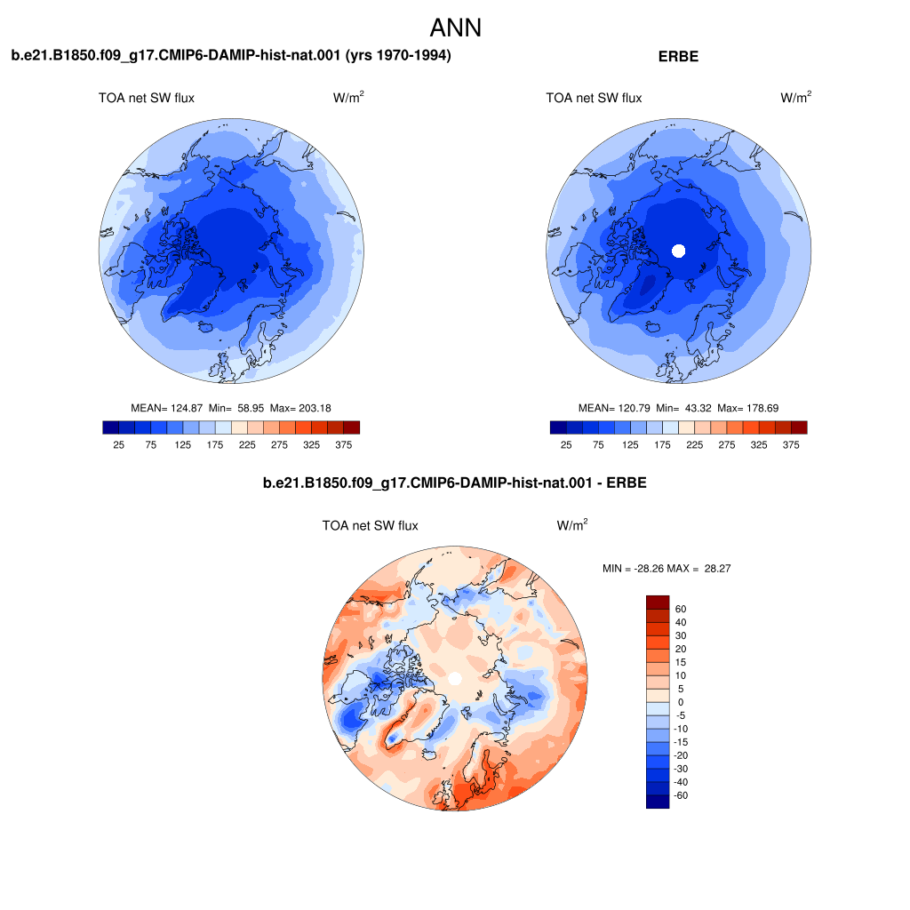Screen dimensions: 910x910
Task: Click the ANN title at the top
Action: [456, 28]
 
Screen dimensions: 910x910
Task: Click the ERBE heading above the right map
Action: [678, 56]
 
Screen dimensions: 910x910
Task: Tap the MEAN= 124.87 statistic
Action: [166, 408]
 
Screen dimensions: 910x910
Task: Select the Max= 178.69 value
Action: [748, 408]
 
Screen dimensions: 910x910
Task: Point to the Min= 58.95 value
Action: [236, 408]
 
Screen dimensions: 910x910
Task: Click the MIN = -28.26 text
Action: [633, 569]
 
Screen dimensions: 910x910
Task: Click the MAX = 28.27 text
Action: [698, 569]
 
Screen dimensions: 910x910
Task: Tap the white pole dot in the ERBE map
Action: [678, 251]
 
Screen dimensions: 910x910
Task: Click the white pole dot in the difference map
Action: [455, 678]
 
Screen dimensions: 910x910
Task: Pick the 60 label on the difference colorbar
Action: [680, 609]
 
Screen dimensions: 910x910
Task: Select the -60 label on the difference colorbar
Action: [681, 795]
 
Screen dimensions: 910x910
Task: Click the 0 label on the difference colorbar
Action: [681, 702]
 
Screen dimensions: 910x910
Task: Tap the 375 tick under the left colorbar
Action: [344, 444]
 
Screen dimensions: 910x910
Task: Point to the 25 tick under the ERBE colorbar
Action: [566, 444]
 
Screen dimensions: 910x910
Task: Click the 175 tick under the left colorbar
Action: [215, 444]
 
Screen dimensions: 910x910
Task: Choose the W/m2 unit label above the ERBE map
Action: [795, 97]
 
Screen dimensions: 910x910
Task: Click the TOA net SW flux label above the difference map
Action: [371, 526]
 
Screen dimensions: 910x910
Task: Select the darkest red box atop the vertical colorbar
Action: [658, 602]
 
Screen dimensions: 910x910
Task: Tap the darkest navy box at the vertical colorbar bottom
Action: [658, 802]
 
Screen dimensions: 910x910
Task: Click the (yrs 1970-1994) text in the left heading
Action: [398, 55]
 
